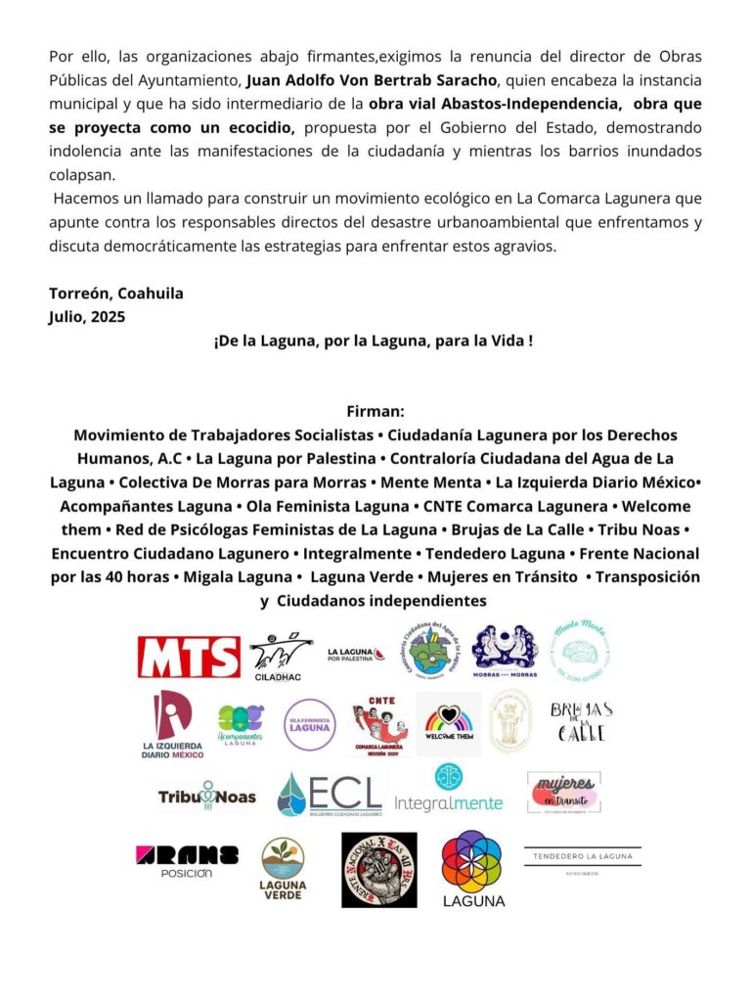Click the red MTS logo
(189, 657)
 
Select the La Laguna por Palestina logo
(355, 654)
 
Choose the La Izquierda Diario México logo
(172, 725)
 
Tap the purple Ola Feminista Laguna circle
(310, 725)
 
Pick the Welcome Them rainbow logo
(449, 725)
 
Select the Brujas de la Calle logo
(581, 722)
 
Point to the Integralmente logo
(449, 791)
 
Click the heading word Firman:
(375, 412)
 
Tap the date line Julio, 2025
(87, 316)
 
